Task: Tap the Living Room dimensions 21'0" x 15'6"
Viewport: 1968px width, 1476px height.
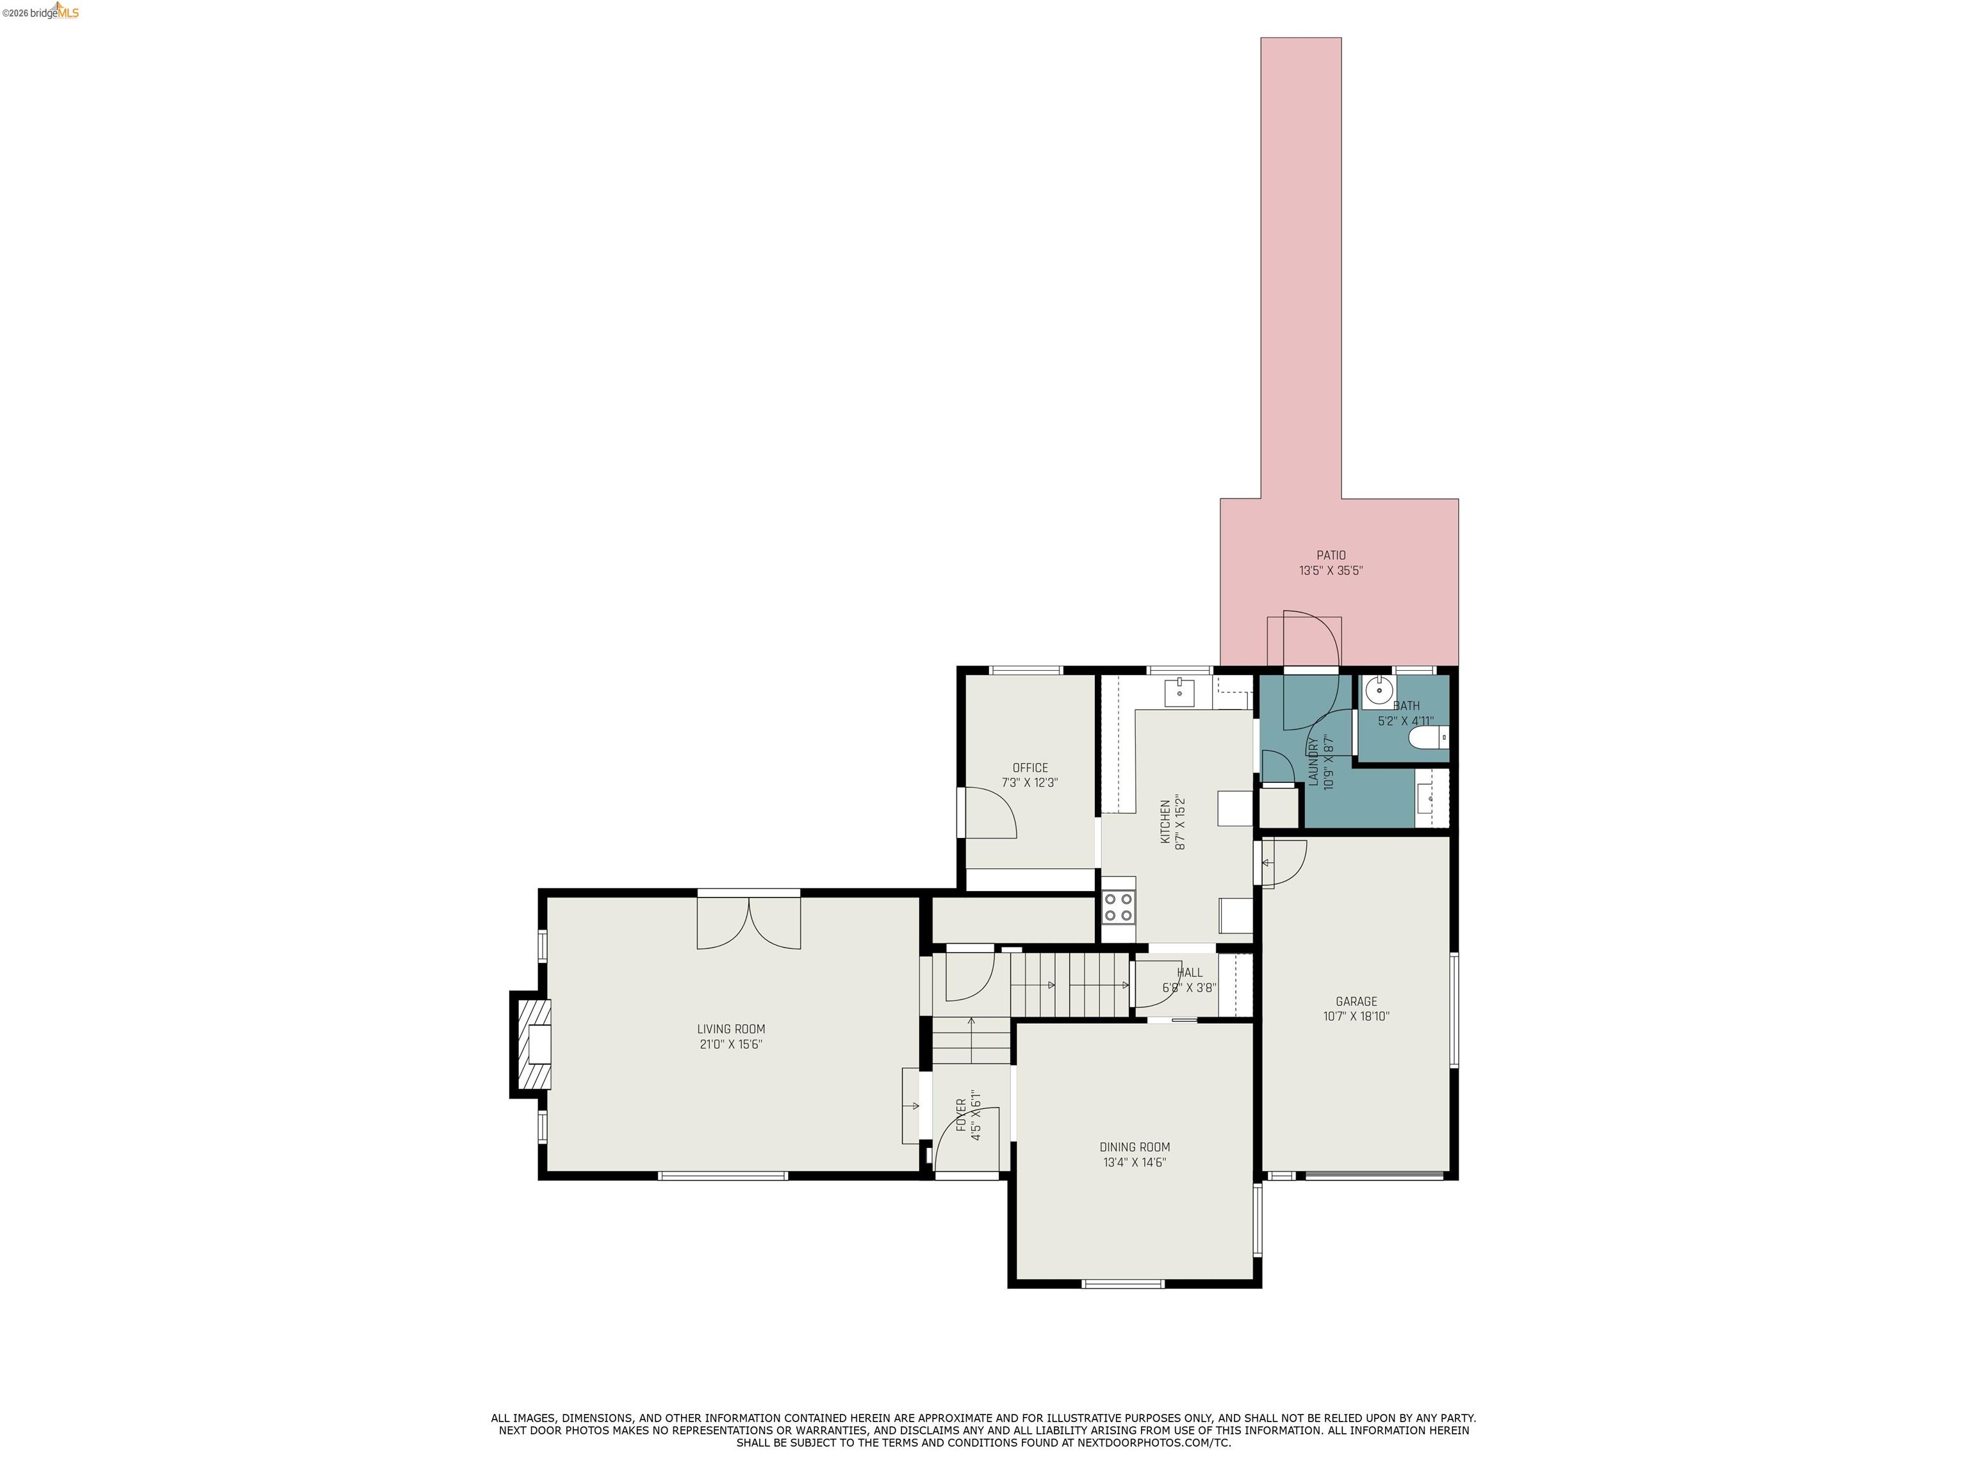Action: pos(730,1044)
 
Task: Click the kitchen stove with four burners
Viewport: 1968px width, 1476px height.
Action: pos(1119,908)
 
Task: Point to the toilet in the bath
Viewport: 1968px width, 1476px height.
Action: pos(1429,737)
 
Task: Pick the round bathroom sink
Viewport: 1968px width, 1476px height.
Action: pos(1378,688)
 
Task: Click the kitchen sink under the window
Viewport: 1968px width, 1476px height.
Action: pos(1179,691)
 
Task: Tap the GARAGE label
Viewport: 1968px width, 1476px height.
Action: pos(1356,1001)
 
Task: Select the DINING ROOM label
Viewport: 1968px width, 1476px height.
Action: pos(1135,1147)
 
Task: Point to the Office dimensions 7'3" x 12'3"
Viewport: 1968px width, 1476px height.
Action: pos(1029,783)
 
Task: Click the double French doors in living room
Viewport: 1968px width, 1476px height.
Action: pos(748,922)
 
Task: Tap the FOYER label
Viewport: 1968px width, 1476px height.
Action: pos(962,1115)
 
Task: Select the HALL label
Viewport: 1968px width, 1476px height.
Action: pos(1190,972)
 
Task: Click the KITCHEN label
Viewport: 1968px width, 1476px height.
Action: pos(1165,821)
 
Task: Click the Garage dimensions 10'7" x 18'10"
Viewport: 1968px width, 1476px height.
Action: pos(1356,1016)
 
